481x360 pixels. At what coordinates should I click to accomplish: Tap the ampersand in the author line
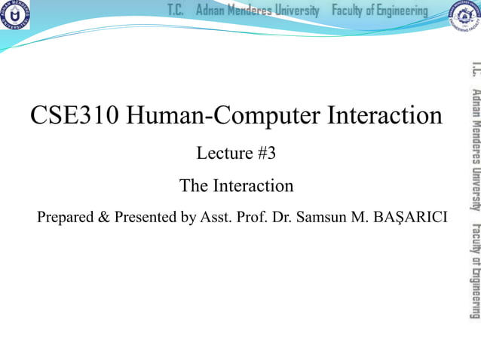pyautogui.click(x=104, y=218)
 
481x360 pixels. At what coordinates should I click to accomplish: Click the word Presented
pyautogui.click(x=144, y=218)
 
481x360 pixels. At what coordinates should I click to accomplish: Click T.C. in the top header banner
pyautogui.click(x=176, y=11)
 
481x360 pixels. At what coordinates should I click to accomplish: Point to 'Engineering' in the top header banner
pyautogui.click(x=400, y=11)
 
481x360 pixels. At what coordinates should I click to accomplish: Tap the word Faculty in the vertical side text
pyautogui.click(x=473, y=239)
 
